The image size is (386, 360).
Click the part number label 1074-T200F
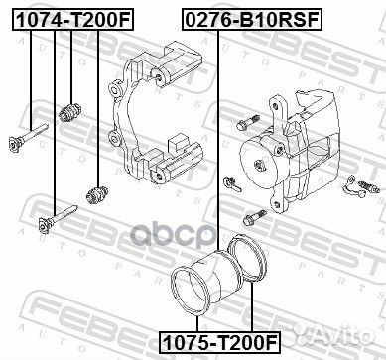[x=73, y=20]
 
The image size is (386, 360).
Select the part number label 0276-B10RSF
[x=252, y=20]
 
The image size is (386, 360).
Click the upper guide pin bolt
[x=29, y=136]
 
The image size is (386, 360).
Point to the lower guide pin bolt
[x=58, y=218]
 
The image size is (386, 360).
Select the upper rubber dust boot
[x=70, y=112]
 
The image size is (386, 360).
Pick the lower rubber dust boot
[x=97, y=194]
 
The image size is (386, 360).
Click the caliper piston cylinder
[x=216, y=276]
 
